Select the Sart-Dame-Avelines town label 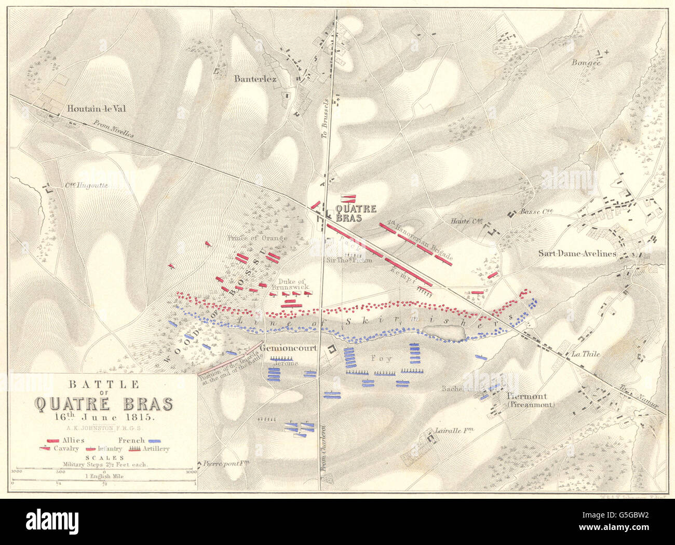tap(577, 254)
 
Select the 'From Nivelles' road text tap(114, 129)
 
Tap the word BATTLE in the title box tap(102, 385)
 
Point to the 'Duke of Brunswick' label tap(290, 283)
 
